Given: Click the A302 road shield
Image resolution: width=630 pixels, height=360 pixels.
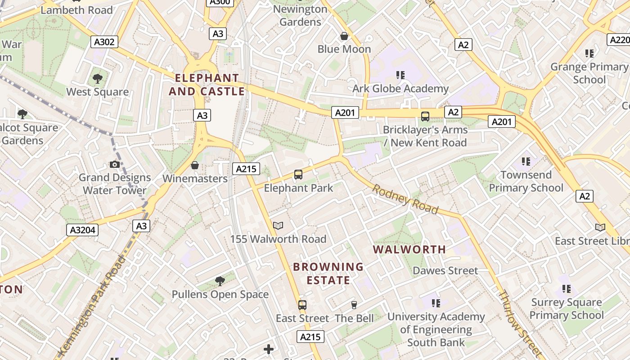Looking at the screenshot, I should (x=104, y=42).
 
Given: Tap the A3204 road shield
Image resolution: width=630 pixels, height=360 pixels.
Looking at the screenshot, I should (x=83, y=230).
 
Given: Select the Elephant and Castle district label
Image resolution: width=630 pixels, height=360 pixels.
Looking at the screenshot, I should (x=207, y=85).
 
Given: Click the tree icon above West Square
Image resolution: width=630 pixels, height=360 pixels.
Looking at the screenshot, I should (x=97, y=79).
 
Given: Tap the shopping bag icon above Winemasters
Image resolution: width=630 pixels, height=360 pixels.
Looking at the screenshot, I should (x=195, y=165).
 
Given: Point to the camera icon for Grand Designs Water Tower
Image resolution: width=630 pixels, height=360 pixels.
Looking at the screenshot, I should (x=115, y=164).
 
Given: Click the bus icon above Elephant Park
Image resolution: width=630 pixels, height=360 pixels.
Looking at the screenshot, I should (x=298, y=174).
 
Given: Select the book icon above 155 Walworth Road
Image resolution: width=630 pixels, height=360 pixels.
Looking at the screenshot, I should (x=278, y=225).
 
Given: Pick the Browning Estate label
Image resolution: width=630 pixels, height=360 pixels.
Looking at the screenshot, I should (x=328, y=273).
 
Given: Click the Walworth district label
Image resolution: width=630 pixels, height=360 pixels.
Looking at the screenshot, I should (x=409, y=249).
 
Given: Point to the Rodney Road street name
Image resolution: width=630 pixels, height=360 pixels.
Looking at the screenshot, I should (x=405, y=199).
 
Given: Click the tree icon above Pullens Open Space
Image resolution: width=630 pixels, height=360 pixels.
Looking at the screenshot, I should (x=220, y=281).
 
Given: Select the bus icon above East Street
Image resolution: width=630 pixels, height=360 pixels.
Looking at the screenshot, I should (x=302, y=305).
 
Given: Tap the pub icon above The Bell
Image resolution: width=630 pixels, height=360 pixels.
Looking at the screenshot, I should (x=354, y=305).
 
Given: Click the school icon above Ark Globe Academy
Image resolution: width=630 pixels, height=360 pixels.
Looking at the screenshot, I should (x=400, y=75).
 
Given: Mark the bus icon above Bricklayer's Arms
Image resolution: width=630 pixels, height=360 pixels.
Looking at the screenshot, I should (x=425, y=117).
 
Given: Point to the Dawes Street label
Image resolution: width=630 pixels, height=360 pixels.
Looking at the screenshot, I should (x=445, y=270).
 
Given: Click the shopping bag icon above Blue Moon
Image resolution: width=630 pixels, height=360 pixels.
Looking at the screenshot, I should (x=344, y=36).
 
